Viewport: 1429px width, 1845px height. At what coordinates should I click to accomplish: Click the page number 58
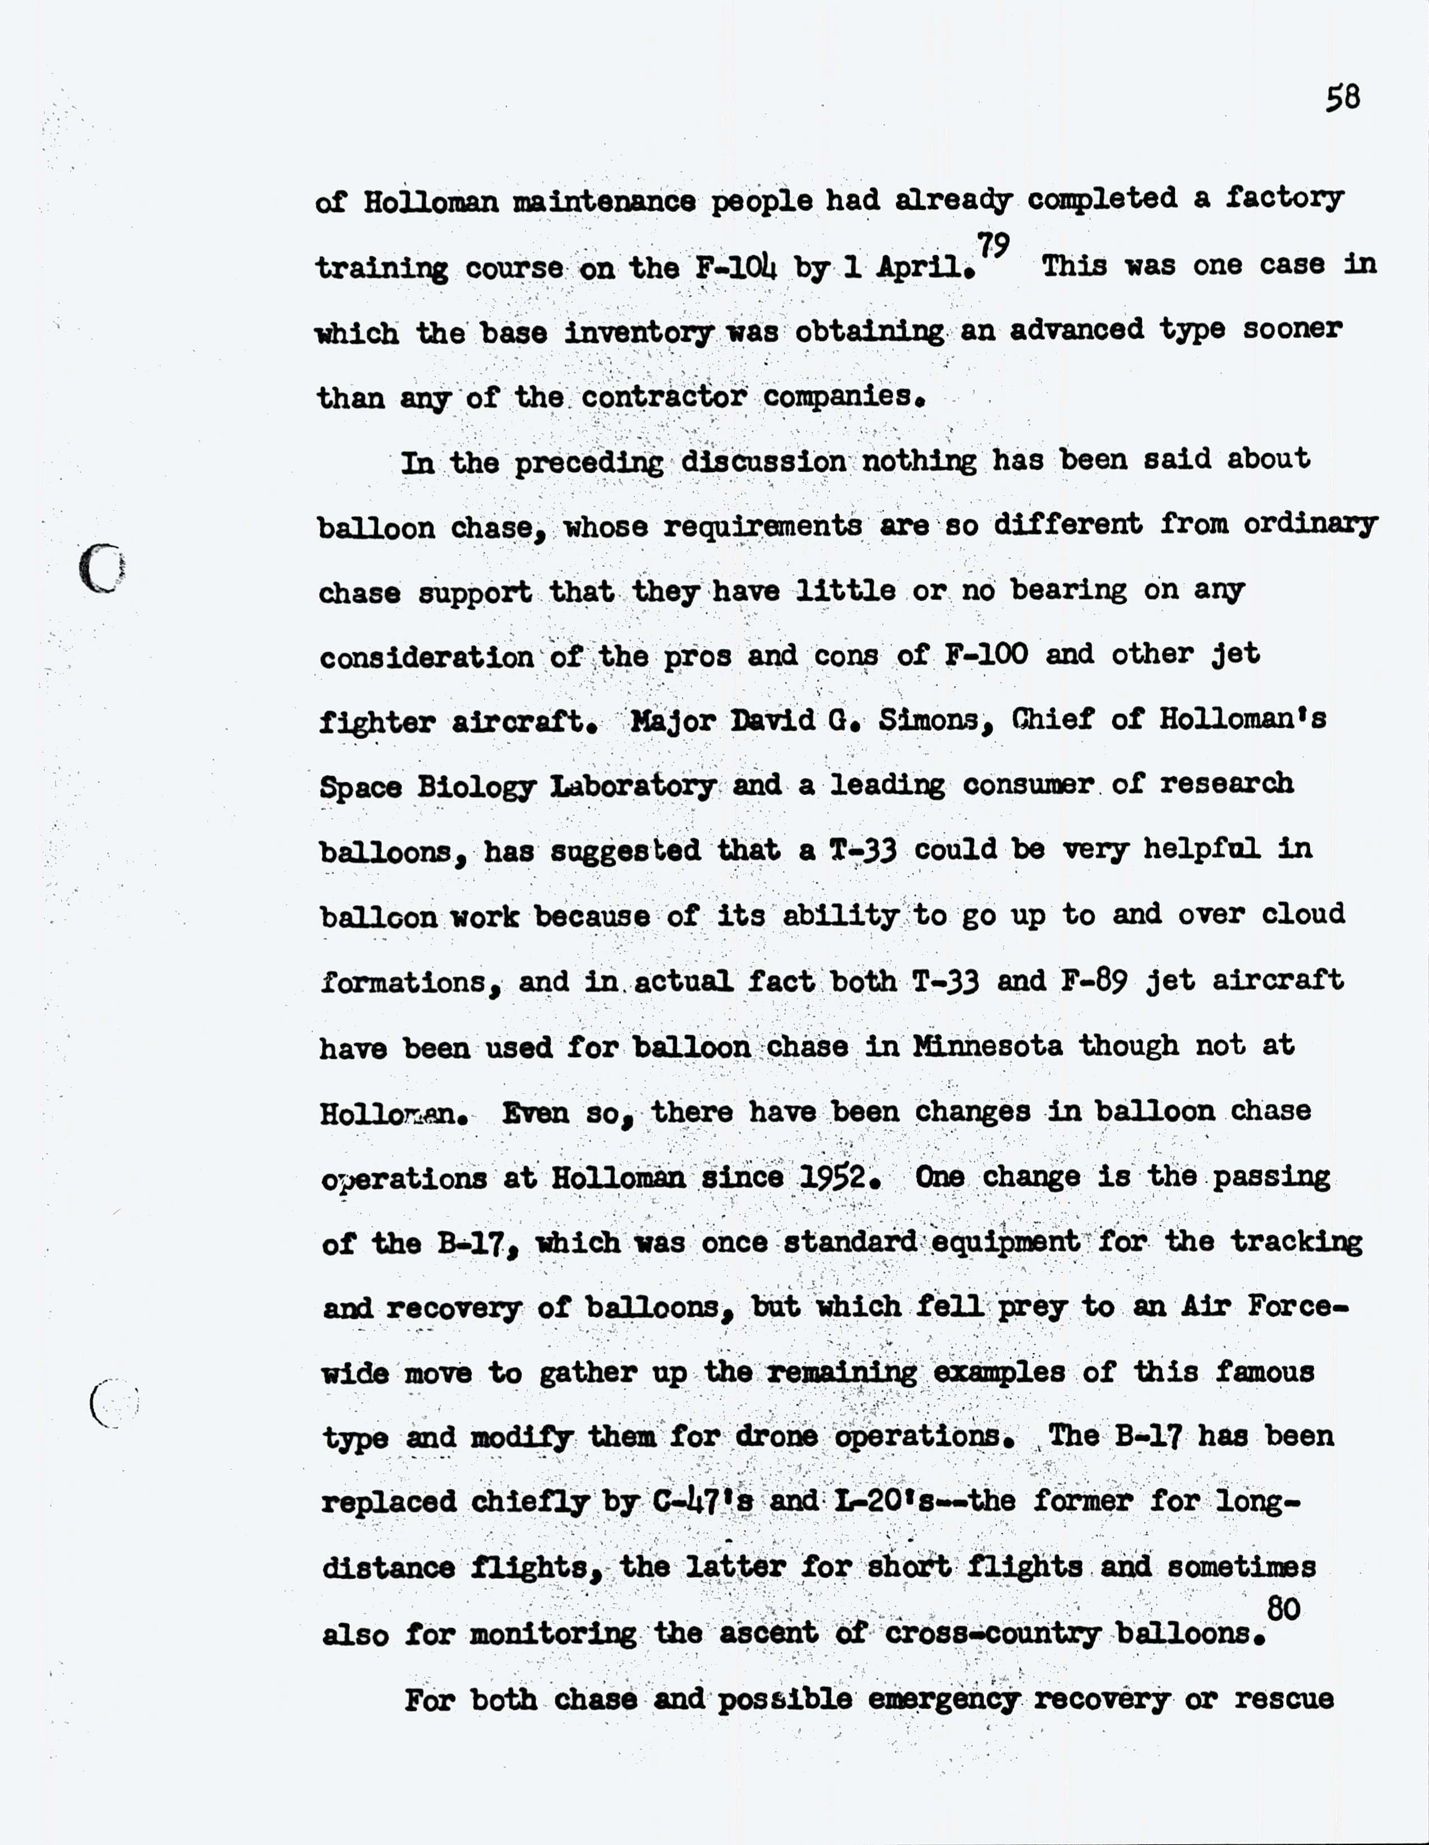[x=1342, y=98]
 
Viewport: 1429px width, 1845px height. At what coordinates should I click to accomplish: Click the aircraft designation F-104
[x=735, y=268]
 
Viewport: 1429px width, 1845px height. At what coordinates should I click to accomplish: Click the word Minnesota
[x=987, y=1046]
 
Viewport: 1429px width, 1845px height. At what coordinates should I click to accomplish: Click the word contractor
[x=663, y=396]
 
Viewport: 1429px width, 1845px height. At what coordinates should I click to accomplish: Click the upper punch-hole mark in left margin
[x=102, y=568]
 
